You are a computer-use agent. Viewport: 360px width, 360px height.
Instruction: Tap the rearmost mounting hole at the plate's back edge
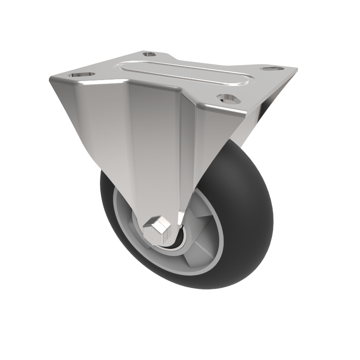coord(149,54)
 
